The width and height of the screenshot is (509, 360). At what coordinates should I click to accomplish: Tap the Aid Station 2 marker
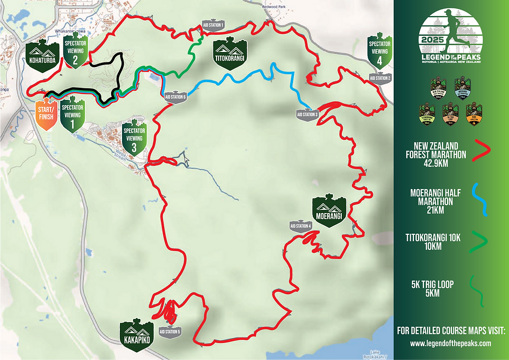380,78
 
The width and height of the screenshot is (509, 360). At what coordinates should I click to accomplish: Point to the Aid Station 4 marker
300,226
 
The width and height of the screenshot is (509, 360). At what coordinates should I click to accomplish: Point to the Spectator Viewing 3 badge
133,138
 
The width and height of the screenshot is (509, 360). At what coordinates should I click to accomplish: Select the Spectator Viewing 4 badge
379,51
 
